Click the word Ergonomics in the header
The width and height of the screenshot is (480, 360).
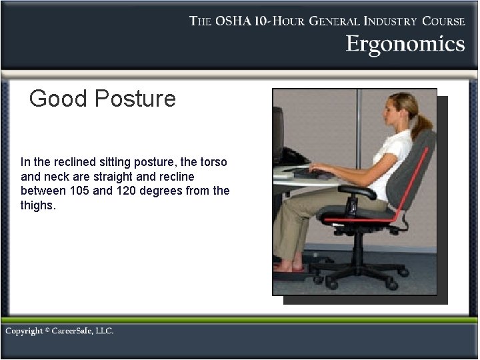tap(405, 44)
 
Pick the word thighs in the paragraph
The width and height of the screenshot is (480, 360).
tap(38, 205)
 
